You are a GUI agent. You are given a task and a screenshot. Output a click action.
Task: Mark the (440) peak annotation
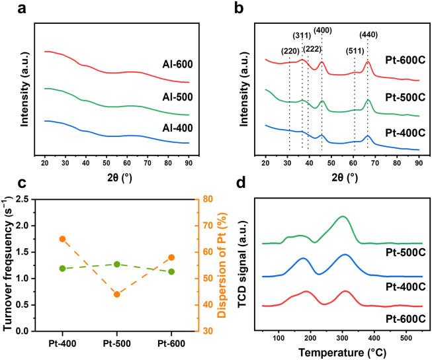pos(369,34)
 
